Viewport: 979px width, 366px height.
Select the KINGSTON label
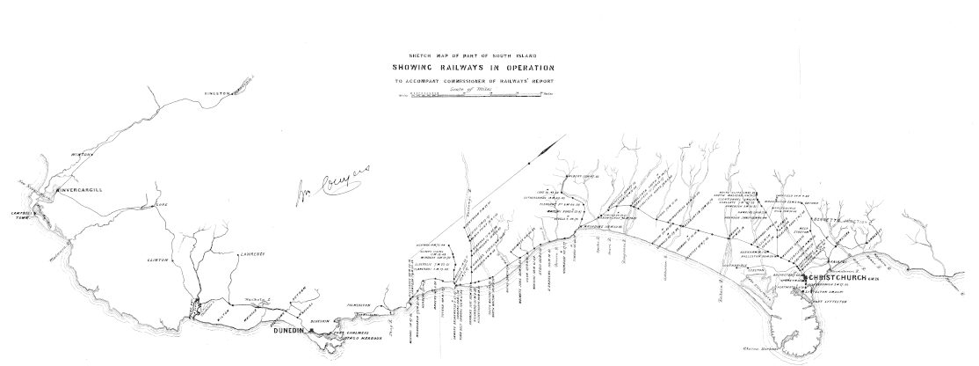[x=216, y=92]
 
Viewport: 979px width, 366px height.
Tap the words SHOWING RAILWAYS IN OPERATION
[x=473, y=69]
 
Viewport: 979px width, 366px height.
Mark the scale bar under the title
[x=475, y=94]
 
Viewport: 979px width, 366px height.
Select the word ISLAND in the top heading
[x=525, y=55]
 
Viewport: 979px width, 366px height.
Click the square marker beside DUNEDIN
[x=300, y=330]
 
